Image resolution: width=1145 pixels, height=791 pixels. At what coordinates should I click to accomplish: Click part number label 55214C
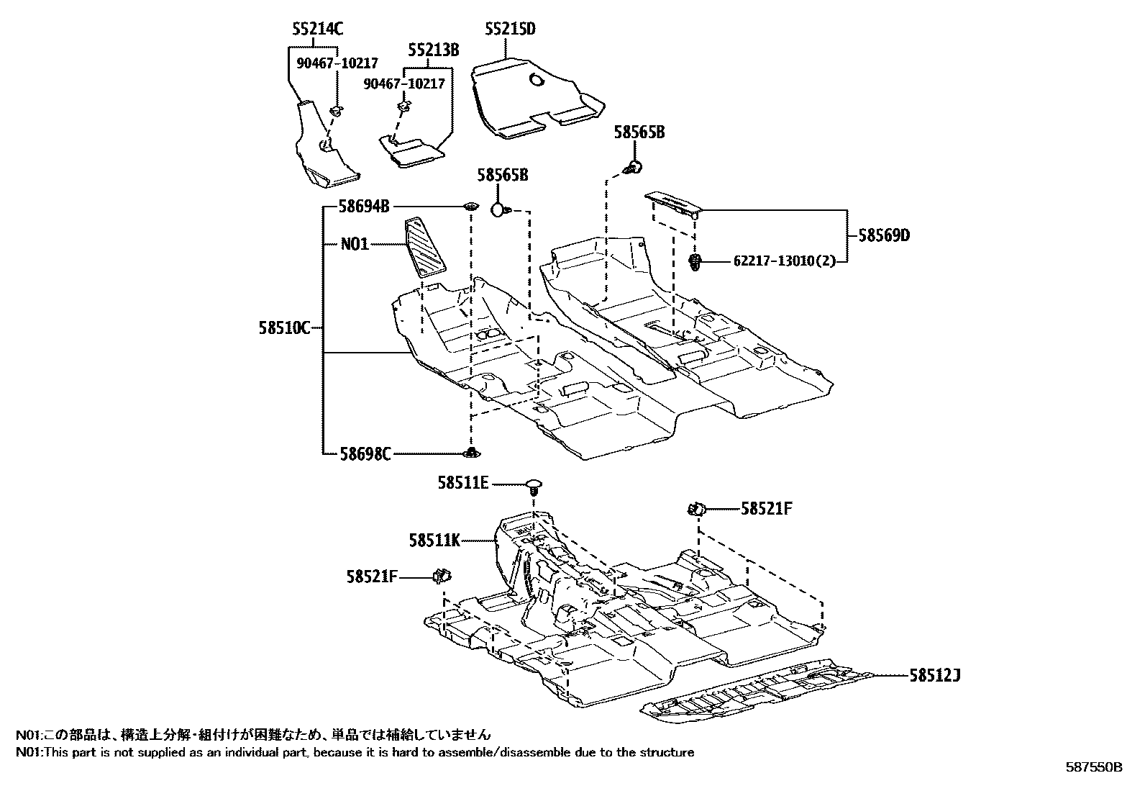[317, 30]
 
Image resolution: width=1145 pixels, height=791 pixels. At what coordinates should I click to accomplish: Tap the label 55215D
[510, 30]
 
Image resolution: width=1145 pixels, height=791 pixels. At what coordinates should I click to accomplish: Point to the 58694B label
[365, 207]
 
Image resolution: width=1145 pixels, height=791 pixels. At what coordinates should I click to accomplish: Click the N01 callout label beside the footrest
[355, 244]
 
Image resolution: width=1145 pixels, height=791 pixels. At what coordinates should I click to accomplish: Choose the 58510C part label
[284, 329]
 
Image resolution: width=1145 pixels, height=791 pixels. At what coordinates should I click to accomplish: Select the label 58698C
[365, 454]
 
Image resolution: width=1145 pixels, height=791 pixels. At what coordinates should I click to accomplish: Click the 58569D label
[883, 235]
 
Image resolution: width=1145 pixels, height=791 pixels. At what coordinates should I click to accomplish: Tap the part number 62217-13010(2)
[785, 261]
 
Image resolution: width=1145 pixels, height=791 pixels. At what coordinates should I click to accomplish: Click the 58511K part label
[434, 538]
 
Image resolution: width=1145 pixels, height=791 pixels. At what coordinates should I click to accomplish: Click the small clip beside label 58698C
[472, 453]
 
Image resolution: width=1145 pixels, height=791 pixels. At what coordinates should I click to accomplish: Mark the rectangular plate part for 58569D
[672, 203]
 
